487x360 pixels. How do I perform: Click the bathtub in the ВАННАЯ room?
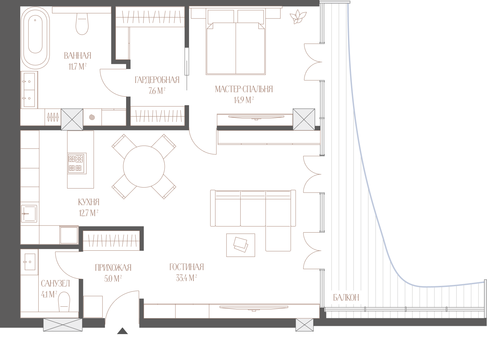[x=35, y=38]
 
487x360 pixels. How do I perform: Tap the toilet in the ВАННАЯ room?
[x=82, y=24]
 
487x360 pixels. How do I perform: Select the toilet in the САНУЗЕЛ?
[x=64, y=302]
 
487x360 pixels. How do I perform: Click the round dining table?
[x=144, y=167]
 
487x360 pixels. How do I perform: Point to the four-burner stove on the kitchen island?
[x=77, y=163]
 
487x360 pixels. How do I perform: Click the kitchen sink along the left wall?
[x=29, y=213]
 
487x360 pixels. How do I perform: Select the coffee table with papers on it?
[x=241, y=245]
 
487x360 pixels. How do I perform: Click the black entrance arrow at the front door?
[x=122, y=331]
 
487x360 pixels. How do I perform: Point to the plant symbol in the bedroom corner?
[x=298, y=16]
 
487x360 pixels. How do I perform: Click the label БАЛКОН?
[x=346, y=297]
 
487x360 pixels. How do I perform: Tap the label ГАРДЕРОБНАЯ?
[x=157, y=80]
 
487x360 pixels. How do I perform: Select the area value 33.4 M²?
[x=186, y=278]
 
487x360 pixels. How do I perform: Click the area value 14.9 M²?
[x=244, y=100]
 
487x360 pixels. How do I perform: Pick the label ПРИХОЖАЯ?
[x=113, y=268]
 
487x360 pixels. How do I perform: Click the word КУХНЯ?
[x=89, y=202]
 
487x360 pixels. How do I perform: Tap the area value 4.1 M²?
[x=49, y=294]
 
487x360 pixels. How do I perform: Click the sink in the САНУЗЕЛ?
[x=30, y=262]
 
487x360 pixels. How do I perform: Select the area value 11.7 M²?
[x=77, y=67]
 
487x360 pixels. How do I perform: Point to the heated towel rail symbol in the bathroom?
[x=53, y=117]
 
